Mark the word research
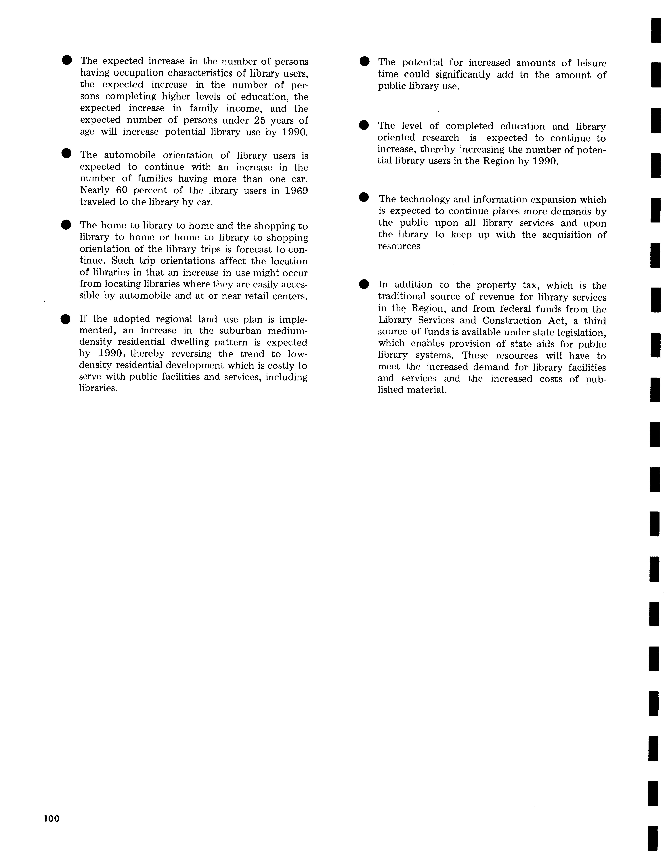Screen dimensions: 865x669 440,138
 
